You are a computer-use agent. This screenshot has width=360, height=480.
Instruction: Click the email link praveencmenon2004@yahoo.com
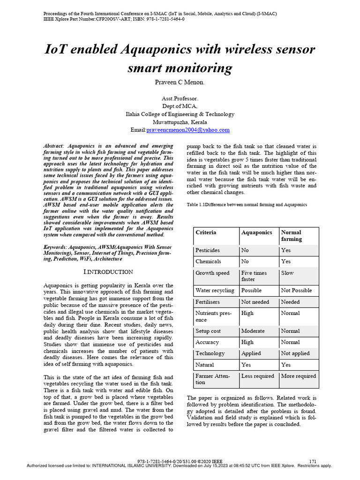[x=187, y=130]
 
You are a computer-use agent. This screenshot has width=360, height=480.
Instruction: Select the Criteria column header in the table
[x=206, y=232]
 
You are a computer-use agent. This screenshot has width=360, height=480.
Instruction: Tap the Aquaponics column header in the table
[x=256, y=232]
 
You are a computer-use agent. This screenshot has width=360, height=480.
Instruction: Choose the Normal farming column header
[x=291, y=236]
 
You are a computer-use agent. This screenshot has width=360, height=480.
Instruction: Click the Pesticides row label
[x=207, y=250]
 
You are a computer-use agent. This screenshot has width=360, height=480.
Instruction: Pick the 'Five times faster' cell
[x=254, y=276]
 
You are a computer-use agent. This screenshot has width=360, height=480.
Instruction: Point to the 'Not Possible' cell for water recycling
[x=296, y=291]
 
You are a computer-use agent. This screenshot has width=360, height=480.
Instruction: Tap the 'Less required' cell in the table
[x=257, y=376]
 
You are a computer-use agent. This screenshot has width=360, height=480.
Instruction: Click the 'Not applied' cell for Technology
[x=295, y=353]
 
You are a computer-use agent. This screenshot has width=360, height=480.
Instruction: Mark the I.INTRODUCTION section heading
[x=108, y=272]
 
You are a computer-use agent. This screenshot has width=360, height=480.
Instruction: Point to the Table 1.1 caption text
[x=247, y=205]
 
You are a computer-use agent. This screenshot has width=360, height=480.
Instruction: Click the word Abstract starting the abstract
[x=55, y=147]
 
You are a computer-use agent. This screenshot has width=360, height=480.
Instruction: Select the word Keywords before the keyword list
[x=55, y=247]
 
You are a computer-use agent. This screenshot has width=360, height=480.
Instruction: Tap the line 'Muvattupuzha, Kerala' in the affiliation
[x=180, y=122]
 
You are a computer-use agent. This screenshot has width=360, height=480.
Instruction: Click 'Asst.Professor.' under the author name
[x=180, y=99]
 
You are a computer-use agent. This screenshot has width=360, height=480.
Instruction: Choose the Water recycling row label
[x=215, y=291]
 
